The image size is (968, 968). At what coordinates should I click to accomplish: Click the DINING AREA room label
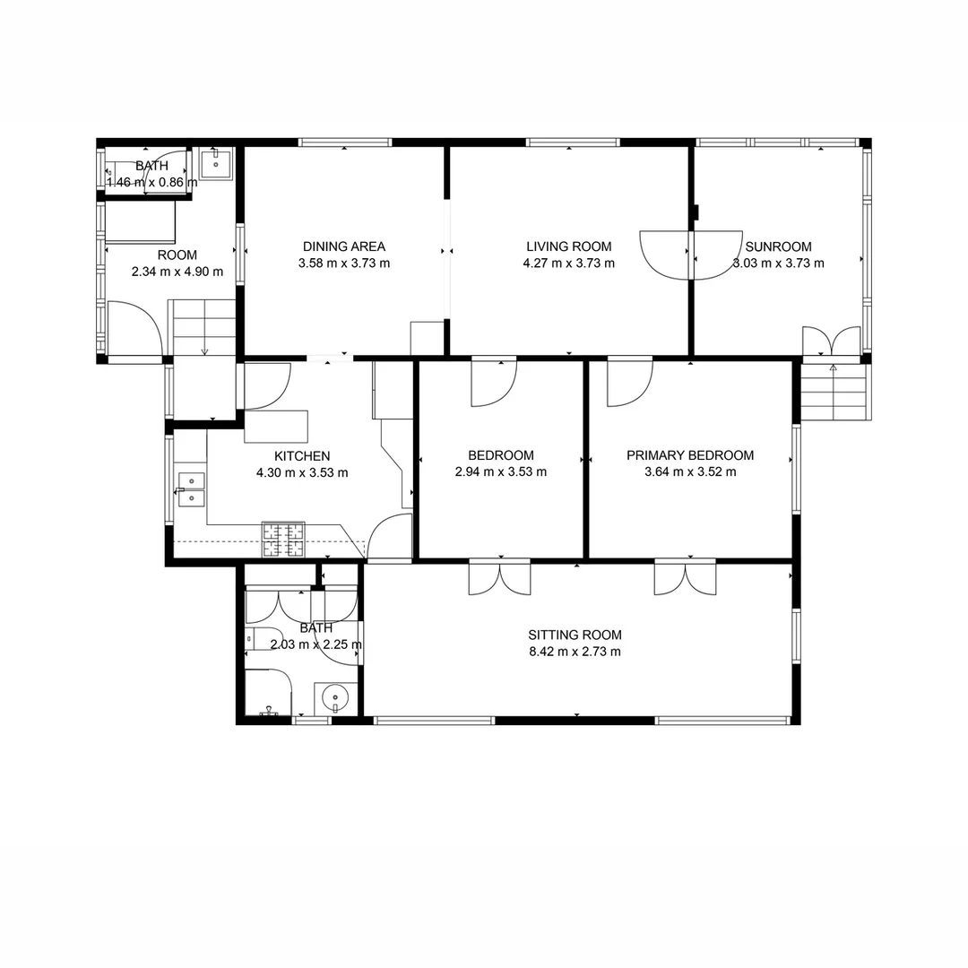[343, 246]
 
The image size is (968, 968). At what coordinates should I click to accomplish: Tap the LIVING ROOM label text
[568, 246]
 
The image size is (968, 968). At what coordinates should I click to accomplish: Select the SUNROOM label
[778, 246]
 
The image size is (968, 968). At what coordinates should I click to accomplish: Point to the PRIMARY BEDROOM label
[689, 455]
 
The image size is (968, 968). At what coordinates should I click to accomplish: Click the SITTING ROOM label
[575, 635]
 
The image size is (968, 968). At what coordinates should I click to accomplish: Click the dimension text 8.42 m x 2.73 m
[575, 652]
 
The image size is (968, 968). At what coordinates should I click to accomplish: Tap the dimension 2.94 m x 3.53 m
[501, 471]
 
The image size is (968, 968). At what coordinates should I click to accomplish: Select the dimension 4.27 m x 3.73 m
[568, 263]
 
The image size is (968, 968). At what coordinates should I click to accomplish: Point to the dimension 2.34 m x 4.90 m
[177, 272]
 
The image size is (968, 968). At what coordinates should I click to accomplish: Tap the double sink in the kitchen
[190, 489]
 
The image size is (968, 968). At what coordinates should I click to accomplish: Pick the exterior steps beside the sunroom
[834, 391]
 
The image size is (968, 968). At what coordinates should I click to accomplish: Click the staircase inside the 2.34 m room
[203, 328]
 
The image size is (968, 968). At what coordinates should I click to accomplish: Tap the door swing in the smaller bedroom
[494, 382]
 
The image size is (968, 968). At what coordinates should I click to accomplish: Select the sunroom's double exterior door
[833, 341]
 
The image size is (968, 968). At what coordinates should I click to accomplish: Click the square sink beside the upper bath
[216, 164]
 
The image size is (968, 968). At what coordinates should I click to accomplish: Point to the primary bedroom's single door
[630, 382]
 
